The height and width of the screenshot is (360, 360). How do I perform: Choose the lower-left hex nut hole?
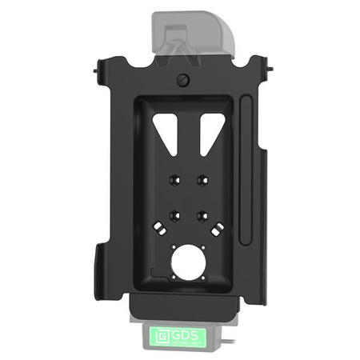click(x=171, y=214)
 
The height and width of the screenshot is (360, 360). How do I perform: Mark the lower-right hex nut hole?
click(x=205, y=214)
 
